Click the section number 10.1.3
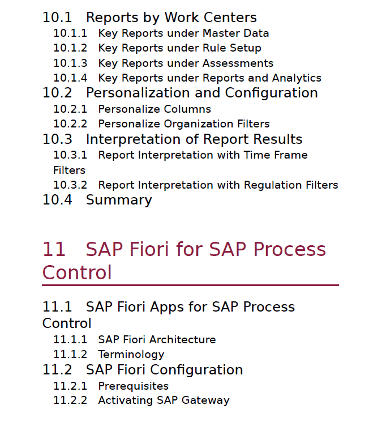click(x=70, y=63)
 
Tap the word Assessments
click(x=238, y=63)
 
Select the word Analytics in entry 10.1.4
click(x=297, y=78)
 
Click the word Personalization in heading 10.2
click(x=138, y=93)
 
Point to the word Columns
click(x=187, y=109)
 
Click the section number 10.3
click(x=57, y=139)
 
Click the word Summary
click(x=119, y=200)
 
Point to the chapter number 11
click(x=54, y=249)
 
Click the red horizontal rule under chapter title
click(x=190, y=285)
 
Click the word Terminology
click(x=131, y=355)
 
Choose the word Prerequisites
click(x=134, y=386)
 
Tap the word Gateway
click(x=205, y=400)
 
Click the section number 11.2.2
click(x=70, y=400)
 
